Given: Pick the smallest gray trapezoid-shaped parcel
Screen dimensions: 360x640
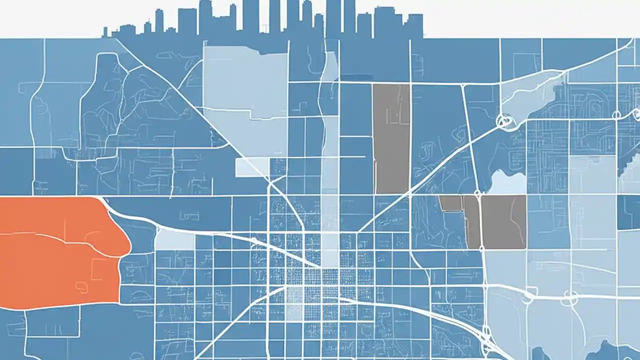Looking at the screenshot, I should (x=450, y=202).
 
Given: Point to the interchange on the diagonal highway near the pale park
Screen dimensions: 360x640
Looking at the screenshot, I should (x=504, y=120).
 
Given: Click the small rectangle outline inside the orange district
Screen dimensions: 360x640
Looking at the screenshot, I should (x=97, y=269).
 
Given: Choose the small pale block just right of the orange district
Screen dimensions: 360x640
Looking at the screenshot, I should (x=174, y=239).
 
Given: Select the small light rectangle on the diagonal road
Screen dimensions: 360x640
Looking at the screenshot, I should (x=252, y=167).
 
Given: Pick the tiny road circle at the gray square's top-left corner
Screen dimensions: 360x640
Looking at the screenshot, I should (x=476, y=192).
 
